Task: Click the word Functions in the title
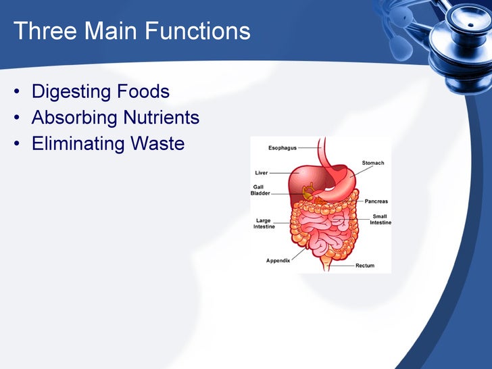(x=195, y=31)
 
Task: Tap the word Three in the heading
(x=39, y=31)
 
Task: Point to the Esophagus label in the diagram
(x=282, y=147)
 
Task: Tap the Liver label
(x=261, y=172)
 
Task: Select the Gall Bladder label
(x=260, y=190)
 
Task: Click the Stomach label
(x=372, y=163)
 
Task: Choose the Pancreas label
(x=376, y=201)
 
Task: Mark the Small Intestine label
(x=380, y=220)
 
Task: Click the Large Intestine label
(x=264, y=224)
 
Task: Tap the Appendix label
(x=278, y=260)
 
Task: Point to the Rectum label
(x=364, y=266)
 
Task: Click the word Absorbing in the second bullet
(x=74, y=118)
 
